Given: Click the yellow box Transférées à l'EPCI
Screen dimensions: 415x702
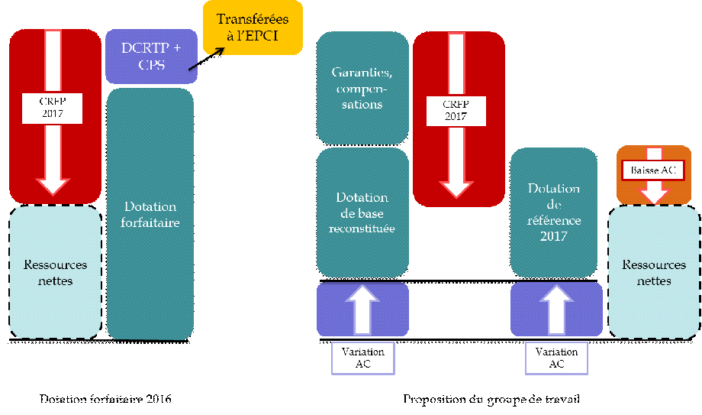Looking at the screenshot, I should tap(252, 28).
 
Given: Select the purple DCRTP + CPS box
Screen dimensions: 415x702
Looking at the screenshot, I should tap(150, 57).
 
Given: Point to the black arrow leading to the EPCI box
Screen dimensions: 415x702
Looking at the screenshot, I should tap(206, 60).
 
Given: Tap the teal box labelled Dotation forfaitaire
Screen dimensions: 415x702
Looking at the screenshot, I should tap(150, 214).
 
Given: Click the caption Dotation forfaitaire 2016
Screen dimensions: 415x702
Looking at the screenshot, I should tap(105, 399).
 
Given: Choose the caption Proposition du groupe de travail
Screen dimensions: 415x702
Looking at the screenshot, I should tap(496, 399).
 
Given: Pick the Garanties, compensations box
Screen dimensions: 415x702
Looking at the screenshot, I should tap(362, 88).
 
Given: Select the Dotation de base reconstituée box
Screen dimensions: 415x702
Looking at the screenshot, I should tap(362, 212).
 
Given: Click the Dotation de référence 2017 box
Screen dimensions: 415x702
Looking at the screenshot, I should tap(553, 212).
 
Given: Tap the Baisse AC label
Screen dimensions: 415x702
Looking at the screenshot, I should tap(652, 169).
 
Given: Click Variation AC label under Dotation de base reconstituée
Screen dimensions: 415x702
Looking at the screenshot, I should tap(363, 358).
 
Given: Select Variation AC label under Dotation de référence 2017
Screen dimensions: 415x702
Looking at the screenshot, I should tap(556, 358).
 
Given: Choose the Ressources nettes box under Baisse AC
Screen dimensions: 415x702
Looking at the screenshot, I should tap(654, 273).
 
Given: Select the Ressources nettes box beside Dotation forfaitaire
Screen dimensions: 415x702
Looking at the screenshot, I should tap(56, 273).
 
